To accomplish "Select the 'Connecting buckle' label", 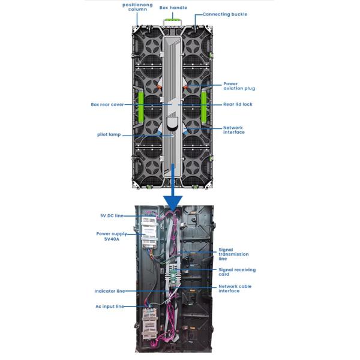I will point(224,14).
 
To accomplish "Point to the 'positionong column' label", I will point(137,7).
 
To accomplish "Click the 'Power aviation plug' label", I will point(239,86).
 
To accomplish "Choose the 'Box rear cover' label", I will point(107,104).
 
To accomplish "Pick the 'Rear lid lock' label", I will point(238,104).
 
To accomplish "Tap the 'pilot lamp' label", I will point(109,134).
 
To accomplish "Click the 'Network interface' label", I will point(233,130).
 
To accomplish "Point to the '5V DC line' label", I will point(111,215).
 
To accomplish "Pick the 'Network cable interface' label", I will point(235,289).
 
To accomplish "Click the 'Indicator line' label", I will point(109,291).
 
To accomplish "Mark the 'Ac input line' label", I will point(109,307).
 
